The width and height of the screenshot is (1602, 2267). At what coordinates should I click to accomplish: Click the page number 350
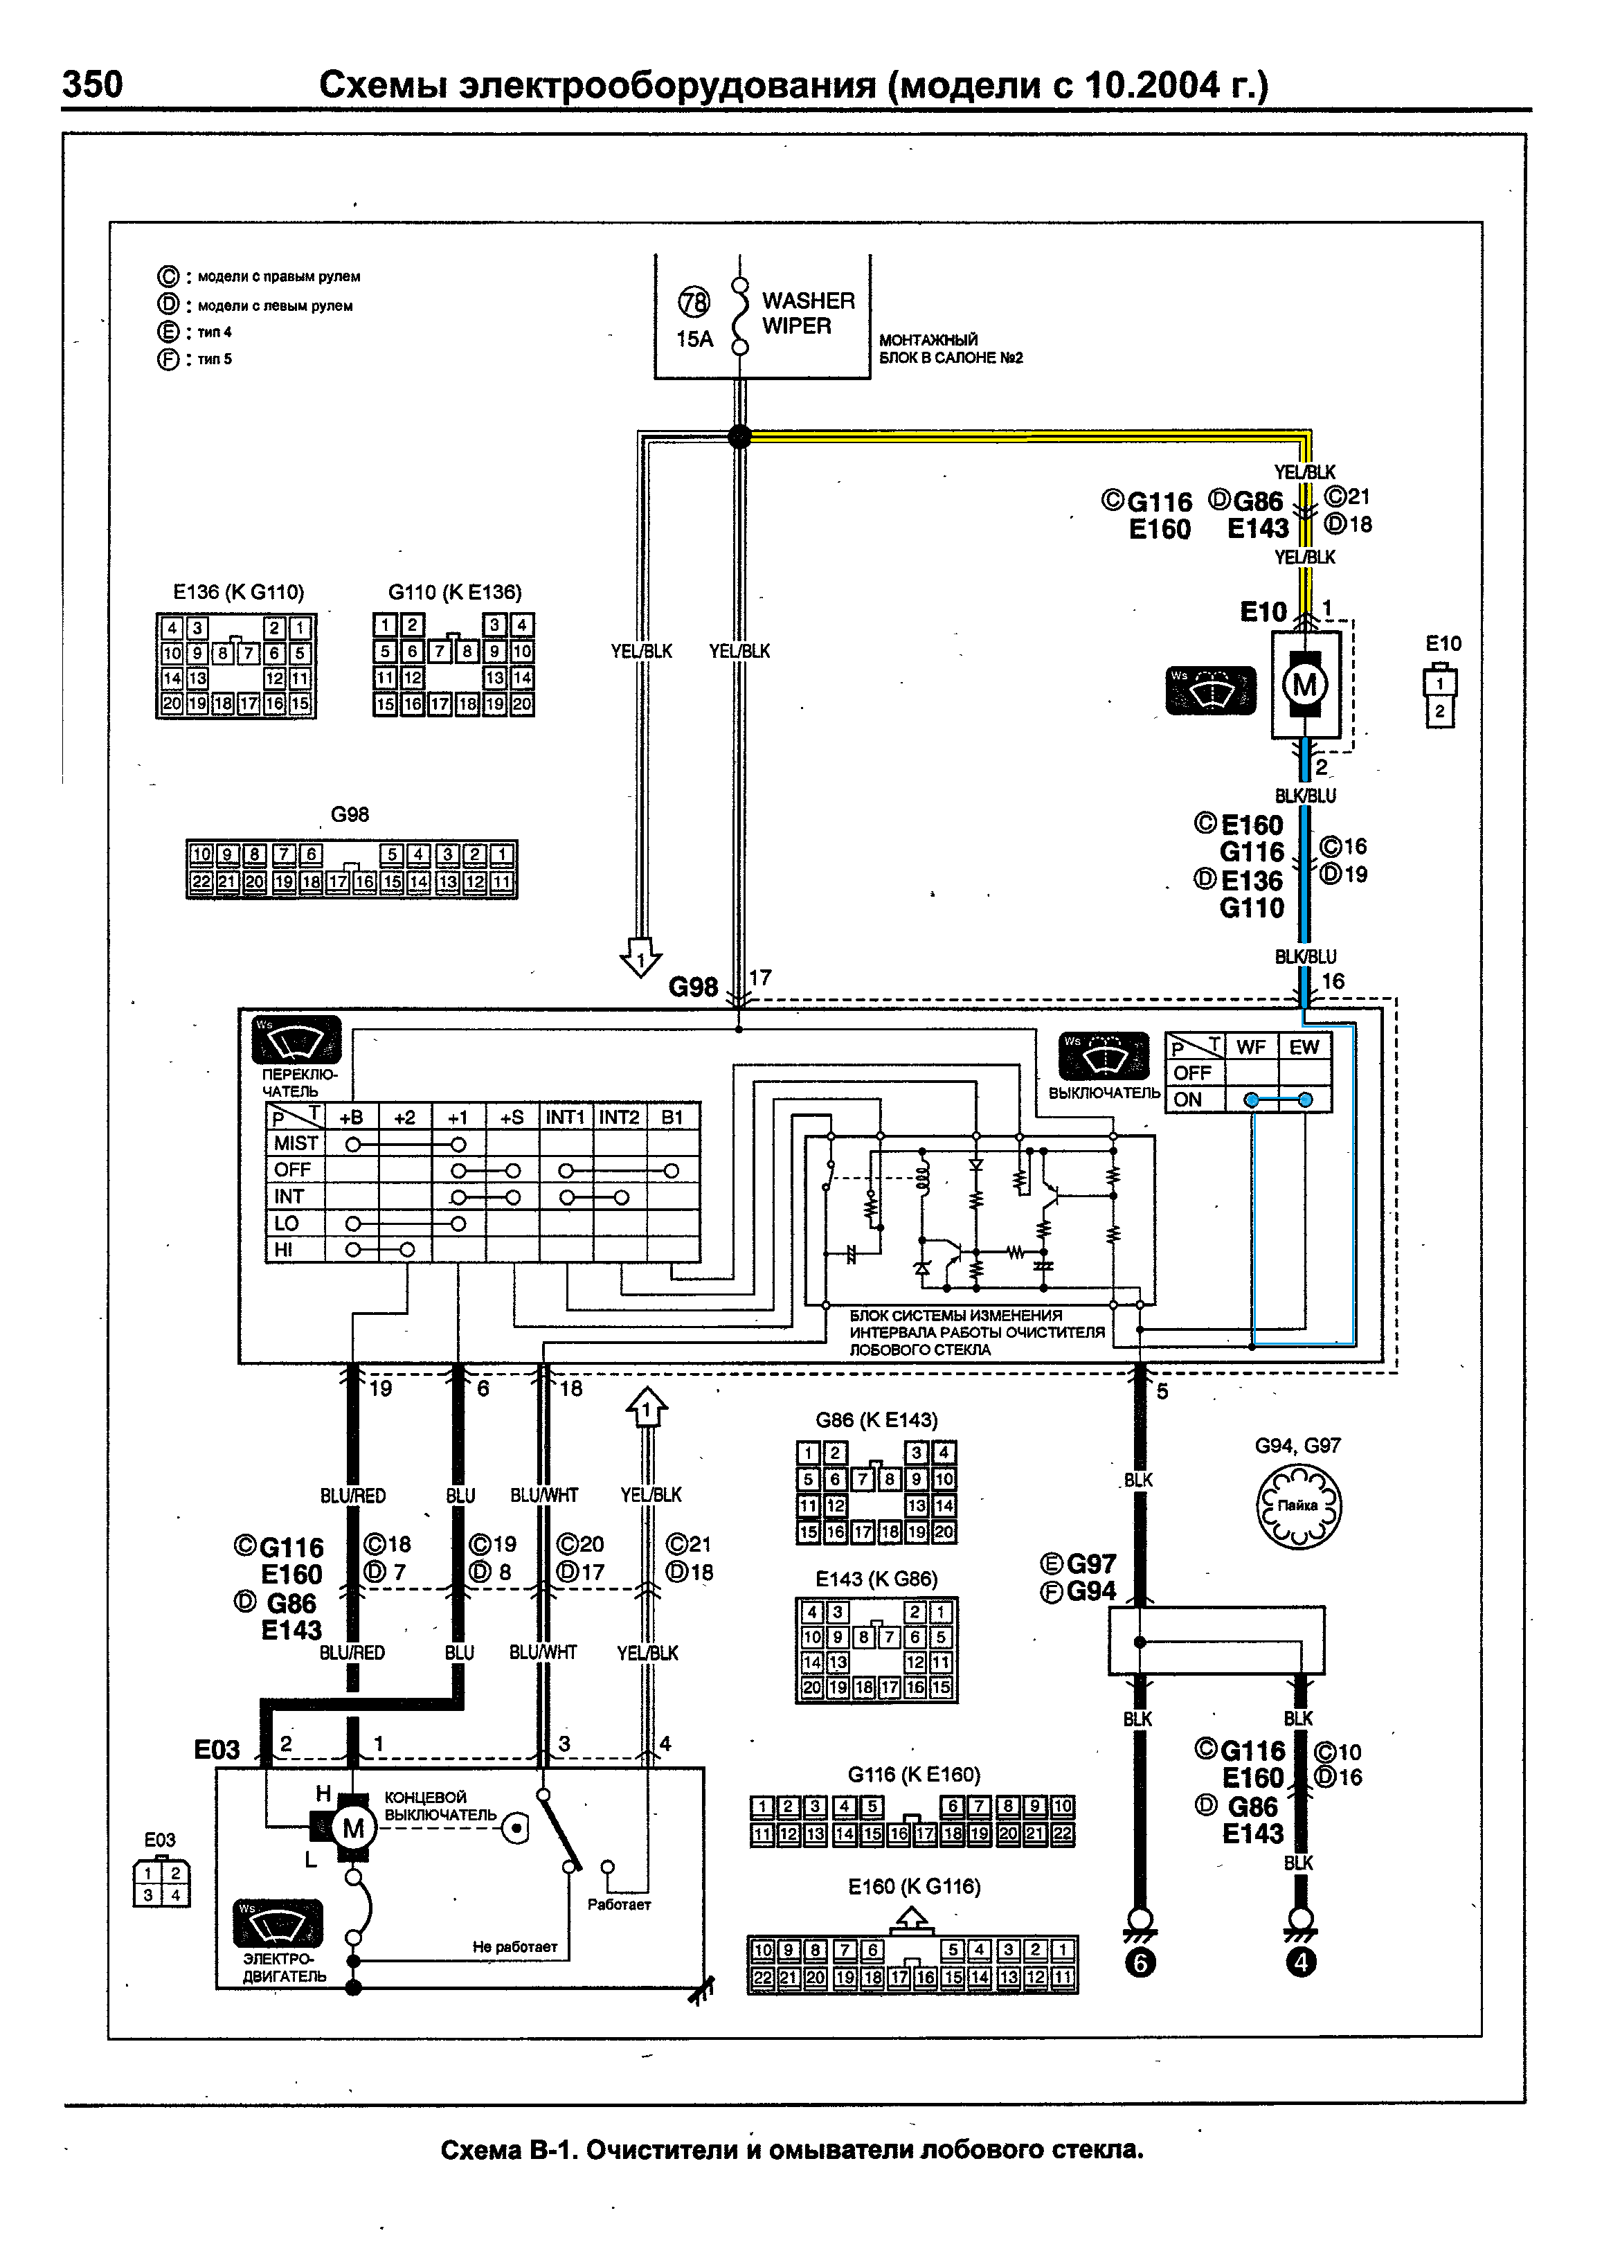tap(93, 85)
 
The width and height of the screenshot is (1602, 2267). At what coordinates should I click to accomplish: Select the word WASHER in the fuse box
tap(809, 300)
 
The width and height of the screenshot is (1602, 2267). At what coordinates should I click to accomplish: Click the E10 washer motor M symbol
tap(1305, 684)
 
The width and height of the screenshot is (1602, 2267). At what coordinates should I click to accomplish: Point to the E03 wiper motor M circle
tap(353, 1829)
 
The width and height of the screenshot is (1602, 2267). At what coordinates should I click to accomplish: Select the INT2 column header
tap(620, 1117)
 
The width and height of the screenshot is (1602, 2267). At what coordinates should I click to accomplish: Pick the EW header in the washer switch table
tap(1304, 1047)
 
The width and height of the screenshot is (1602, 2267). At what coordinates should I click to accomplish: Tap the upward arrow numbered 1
tap(647, 1408)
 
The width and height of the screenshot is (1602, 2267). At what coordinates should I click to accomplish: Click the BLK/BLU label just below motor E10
tap(1305, 796)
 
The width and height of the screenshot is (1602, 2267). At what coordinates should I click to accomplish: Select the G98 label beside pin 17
tap(693, 987)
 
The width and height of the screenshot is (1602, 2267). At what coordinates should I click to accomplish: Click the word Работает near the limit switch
tap(619, 1905)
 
